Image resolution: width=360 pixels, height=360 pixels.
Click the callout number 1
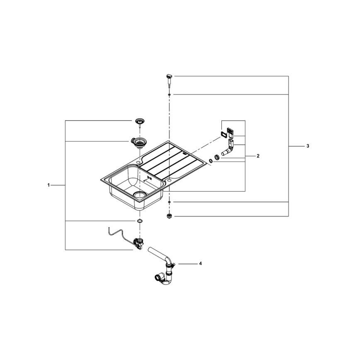[49, 185]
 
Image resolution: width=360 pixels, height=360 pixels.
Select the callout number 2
[258, 156]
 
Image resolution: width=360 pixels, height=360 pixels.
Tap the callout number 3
[308, 146]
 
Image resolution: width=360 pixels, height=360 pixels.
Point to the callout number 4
[200, 264]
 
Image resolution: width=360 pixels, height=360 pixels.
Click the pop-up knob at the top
[169, 80]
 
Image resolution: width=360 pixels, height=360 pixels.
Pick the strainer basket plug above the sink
[139, 122]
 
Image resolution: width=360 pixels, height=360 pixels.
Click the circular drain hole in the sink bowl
[140, 195]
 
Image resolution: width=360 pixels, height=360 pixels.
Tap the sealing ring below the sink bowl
[139, 221]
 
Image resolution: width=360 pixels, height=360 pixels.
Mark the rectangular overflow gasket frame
[224, 134]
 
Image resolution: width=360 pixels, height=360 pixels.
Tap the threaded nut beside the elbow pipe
[217, 157]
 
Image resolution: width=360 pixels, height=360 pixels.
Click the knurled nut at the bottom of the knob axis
[169, 216]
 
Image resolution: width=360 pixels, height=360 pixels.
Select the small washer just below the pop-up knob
[169, 95]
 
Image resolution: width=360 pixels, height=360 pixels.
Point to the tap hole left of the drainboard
[138, 163]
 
